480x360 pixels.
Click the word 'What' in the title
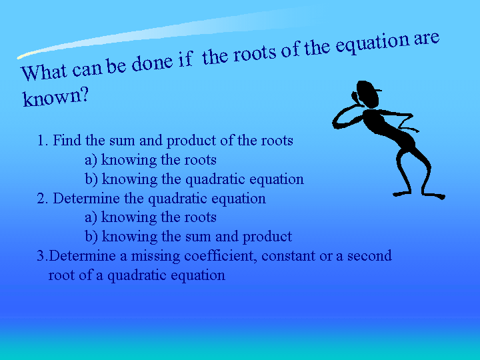(x=44, y=72)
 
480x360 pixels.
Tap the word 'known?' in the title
(x=56, y=97)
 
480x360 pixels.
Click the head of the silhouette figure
(x=367, y=94)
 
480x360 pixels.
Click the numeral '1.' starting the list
(x=43, y=141)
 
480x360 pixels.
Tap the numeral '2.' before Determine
(x=43, y=199)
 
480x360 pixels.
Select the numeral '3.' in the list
(x=42, y=256)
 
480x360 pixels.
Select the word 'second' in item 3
(x=369, y=255)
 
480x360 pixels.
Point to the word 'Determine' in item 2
(x=87, y=199)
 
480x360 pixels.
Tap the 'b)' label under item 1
(x=91, y=179)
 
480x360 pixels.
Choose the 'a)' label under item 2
(x=91, y=217)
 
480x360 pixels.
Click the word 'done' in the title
(x=152, y=63)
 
